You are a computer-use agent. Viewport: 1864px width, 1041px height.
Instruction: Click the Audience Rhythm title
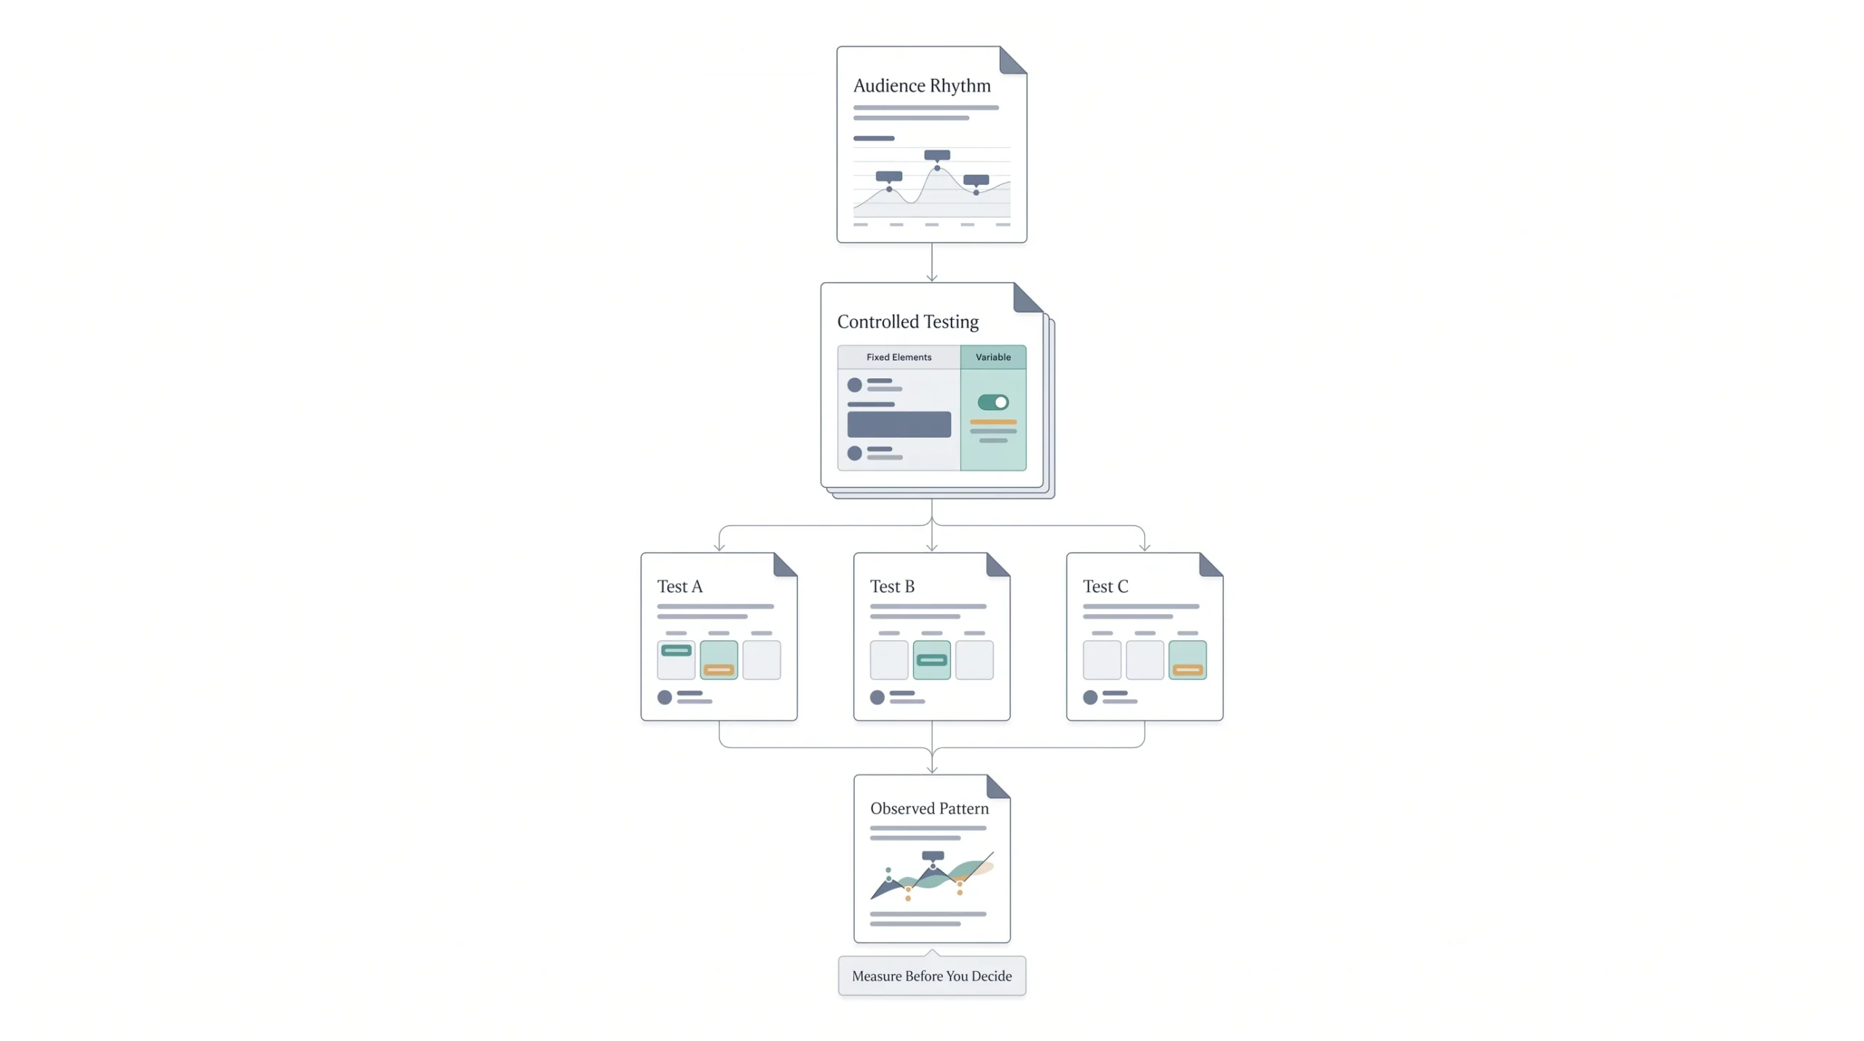(x=922, y=86)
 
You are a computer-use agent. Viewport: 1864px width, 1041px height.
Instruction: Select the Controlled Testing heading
(x=907, y=322)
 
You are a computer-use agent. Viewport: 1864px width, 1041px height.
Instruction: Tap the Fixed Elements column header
(x=899, y=357)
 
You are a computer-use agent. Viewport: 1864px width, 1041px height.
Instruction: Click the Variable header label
(x=993, y=357)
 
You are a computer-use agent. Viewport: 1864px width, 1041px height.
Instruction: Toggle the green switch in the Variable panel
(x=993, y=402)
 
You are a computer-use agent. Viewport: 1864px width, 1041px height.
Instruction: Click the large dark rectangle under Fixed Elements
(x=899, y=424)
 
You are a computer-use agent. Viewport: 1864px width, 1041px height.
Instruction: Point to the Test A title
(x=679, y=586)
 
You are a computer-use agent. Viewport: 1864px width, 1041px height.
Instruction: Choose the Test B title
(x=892, y=586)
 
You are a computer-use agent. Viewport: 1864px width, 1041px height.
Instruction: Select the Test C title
(x=1105, y=586)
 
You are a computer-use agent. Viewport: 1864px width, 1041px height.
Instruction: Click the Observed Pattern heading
(x=929, y=809)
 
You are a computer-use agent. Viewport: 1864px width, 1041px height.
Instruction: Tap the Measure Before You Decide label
(x=932, y=976)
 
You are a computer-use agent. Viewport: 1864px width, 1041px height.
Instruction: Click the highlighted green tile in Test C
(x=1188, y=660)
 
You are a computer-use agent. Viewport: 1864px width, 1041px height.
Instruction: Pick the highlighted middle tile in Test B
(x=932, y=660)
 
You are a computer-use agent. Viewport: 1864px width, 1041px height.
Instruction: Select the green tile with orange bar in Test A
(x=719, y=660)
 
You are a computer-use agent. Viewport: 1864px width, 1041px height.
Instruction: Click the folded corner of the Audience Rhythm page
(x=1013, y=60)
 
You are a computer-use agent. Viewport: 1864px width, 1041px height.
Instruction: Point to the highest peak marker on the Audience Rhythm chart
(x=937, y=168)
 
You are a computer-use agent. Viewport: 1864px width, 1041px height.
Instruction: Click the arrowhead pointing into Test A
(x=719, y=546)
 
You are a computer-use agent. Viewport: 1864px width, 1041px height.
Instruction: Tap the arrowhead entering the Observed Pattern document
(x=932, y=769)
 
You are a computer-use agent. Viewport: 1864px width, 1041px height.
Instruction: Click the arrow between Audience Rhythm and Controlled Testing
(x=932, y=262)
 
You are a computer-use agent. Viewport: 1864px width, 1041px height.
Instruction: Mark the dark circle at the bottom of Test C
(x=1090, y=697)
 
